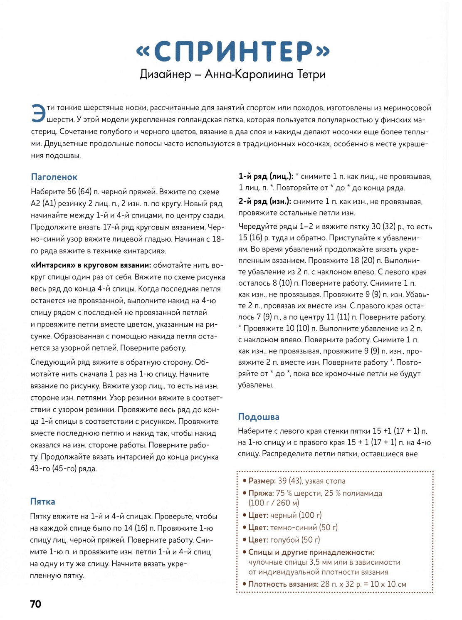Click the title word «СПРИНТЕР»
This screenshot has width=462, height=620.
pos(233,52)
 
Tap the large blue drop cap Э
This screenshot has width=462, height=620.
pos(38,113)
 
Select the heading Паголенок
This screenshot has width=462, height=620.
pos(54,177)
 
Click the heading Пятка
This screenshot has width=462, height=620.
pos(42,501)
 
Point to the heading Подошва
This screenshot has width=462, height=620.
pos(258,417)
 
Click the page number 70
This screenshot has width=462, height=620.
pos(36,604)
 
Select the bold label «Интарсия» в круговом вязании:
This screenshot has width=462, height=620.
pos(91,265)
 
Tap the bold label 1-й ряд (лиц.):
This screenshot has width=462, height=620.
pos(266,176)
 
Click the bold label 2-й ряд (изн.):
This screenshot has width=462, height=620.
pos(264,202)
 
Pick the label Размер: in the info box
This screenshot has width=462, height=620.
pos(262,481)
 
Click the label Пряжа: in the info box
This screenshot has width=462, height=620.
pos(261,493)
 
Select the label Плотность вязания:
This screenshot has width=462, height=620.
pos(283,584)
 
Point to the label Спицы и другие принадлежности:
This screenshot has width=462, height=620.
pos(311,552)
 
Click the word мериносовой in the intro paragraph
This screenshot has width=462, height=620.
pos(406,108)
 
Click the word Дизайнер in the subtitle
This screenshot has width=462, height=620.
pos(165,74)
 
